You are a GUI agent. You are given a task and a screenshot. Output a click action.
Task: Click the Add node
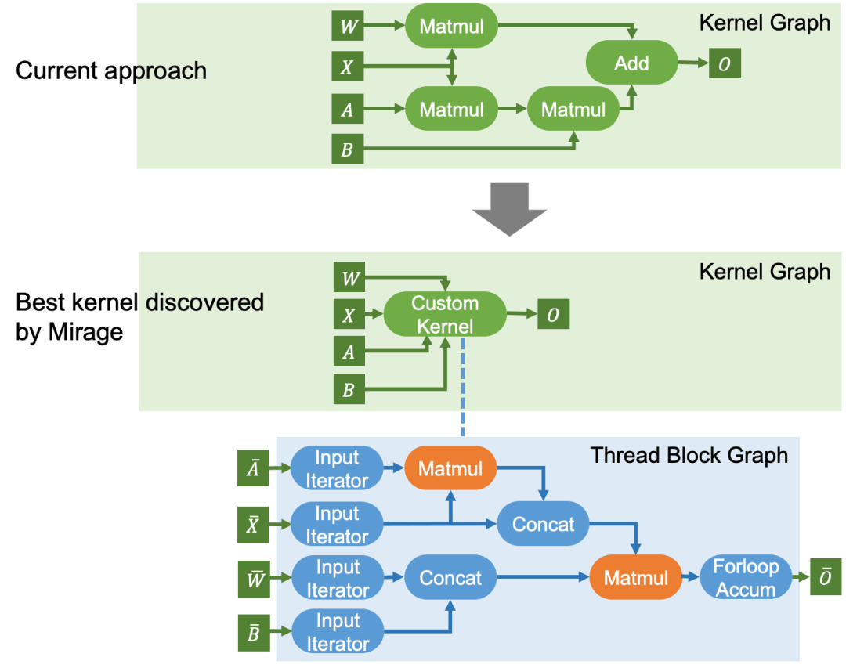pos(631,63)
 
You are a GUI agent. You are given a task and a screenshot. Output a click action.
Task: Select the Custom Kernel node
pos(444,315)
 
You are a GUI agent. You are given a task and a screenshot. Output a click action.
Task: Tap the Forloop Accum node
pos(745,578)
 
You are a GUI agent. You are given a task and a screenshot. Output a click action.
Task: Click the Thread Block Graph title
pos(689,455)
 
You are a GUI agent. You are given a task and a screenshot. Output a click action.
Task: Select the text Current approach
pos(111,70)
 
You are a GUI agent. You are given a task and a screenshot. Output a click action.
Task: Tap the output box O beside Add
pos(725,64)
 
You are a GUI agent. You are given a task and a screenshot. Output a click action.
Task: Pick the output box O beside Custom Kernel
pos(552,315)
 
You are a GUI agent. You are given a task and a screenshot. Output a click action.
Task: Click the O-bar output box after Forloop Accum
pos(825,579)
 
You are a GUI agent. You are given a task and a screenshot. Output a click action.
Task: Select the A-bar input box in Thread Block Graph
pos(253,469)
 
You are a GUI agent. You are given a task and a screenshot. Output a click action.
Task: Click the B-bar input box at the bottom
pos(253,633)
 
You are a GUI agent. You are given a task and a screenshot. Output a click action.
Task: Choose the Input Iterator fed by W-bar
pos(337,578)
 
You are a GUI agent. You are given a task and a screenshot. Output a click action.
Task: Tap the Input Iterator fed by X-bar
pos(337,525)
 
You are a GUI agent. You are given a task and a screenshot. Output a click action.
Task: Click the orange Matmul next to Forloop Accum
pos(635,578)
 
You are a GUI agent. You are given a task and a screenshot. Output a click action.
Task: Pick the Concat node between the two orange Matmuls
pos(543,524)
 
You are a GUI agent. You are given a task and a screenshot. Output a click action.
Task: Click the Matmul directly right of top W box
pos(451,27)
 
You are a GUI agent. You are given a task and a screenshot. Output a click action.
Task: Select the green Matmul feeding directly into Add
pos(573,110)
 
